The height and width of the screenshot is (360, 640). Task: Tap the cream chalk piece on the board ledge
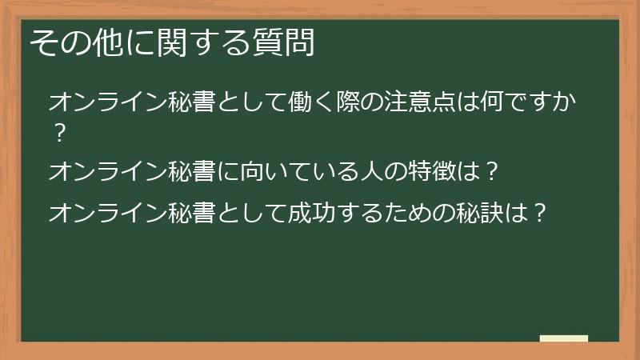click(564, 338)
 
